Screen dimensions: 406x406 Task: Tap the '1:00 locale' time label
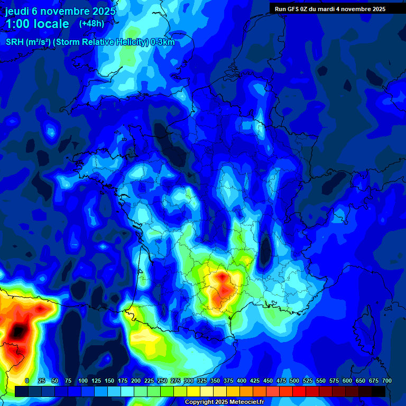click(x=37, y=24)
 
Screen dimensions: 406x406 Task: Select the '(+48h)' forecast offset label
click(x=91, y=24)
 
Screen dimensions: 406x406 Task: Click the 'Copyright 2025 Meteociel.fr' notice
click(x=224, y=402)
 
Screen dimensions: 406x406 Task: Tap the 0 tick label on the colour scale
click(x=27, y=381)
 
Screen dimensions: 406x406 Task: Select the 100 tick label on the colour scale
click(x=83, y=381)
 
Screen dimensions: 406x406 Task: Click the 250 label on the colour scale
click(x=162, y=381)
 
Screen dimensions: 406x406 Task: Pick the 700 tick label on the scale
click(x=386, y=381)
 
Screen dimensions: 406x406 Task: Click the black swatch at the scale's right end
click(x=379, y=392)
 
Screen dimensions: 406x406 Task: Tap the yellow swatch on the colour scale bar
click(x=193, y=392)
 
